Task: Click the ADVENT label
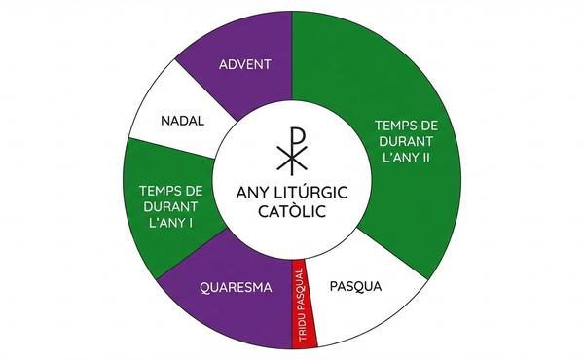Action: click(244, 64)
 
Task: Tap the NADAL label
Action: click(183, 121)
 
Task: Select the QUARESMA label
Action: click(236, 287)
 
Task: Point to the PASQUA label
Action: click(355, 286)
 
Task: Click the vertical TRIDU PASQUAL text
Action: click(302, 305)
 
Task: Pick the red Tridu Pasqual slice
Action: click(305, 305)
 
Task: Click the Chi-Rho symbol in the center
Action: click(292, 151)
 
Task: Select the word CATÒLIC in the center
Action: click(292, 211)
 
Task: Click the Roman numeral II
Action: click(425, 158)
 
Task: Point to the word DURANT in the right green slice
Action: click(406, 141)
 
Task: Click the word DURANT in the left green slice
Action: click(170, 206)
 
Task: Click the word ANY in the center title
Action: click(252, 193)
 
